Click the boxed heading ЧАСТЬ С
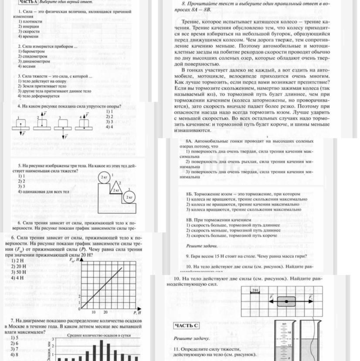(186, 326)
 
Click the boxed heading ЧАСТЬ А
(28, 2)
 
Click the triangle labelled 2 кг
(116, 190)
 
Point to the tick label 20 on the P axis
(106, 312)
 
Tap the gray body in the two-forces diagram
(286, 301)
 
